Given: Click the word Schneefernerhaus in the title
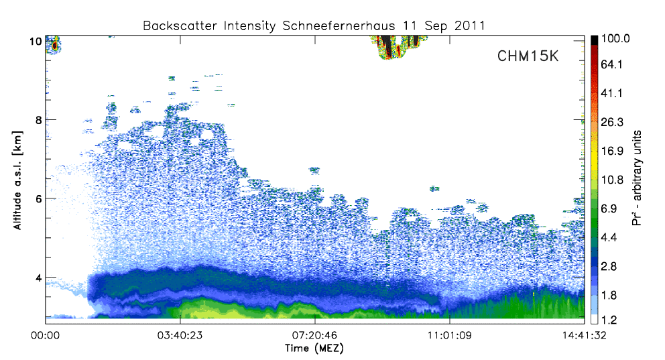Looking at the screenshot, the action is click(x=339, y=26).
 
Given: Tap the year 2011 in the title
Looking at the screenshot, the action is click(x=469, y=26).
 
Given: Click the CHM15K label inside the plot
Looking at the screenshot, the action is click(x=528, y=56).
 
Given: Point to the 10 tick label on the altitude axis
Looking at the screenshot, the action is click(x=36, y=41).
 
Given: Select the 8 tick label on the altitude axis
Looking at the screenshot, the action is click(x=39, y=120).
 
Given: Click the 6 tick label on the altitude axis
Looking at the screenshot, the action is click(x=39, y=199).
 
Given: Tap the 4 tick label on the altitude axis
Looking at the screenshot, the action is click(x=39, y=278).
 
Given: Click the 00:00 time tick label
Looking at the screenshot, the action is click(x=46, y=335).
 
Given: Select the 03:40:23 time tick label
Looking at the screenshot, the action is click(x=180, y=335).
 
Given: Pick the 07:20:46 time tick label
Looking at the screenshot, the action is click(x=314, y=335).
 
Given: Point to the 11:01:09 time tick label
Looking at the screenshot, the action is click(x=450, y=335).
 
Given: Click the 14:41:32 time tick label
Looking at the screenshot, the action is click(x=585, y=335).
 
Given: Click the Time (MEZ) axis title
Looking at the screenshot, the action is click(x=314, y=349).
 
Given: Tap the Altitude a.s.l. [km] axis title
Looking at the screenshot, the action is click(x=17, y=180).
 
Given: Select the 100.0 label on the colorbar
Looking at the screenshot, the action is click(x=615, y=39).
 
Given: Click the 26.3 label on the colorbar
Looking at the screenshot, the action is click(x=612, y=122).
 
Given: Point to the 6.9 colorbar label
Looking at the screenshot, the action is click(x=609, y=208).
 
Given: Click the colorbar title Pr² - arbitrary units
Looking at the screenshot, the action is click(x=637, y=178).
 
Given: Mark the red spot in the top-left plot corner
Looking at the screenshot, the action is click(x=54, y=45).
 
